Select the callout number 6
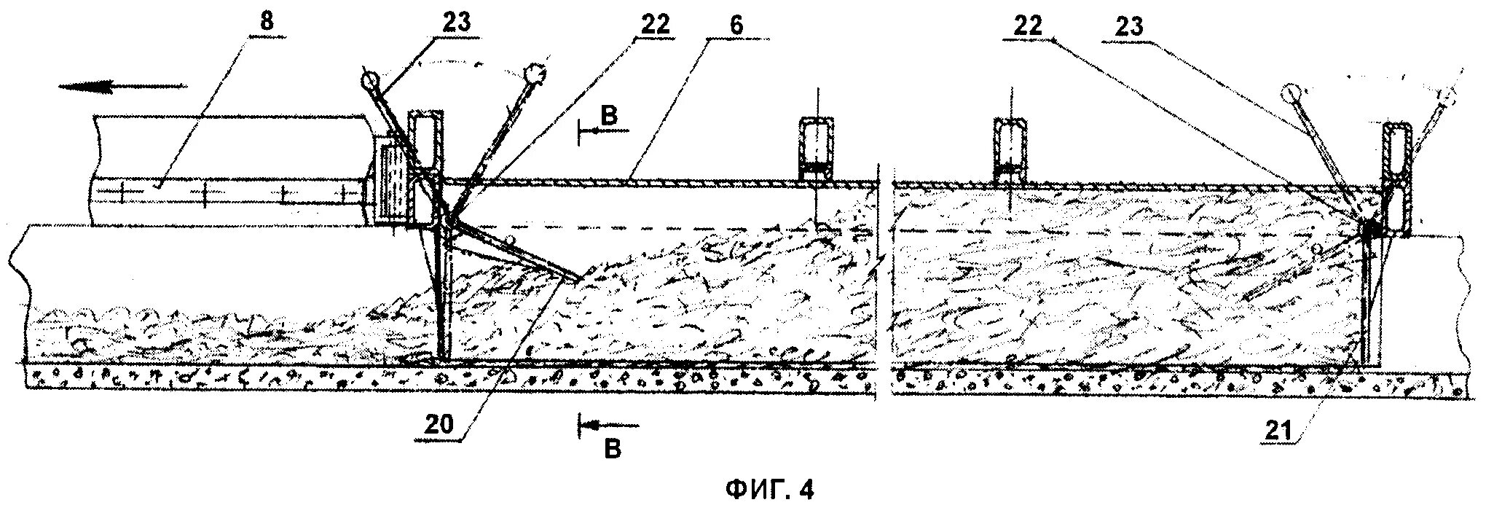tap(737, 25)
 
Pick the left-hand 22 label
tap(654, 23)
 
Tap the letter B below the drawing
tap(613, 448)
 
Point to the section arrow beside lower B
tap(609, 423)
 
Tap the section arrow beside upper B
tap(603, 132)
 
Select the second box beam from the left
tap(819, 149)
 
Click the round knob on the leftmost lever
tap(369, 77)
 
